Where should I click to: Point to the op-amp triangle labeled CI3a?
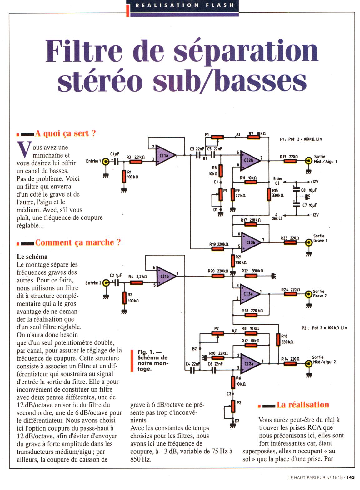point(248,294)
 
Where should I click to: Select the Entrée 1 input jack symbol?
point(106,162)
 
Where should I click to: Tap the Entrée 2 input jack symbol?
point(106,283)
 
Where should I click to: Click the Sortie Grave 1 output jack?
point(309,242)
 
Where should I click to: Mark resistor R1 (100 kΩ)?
point(124,177)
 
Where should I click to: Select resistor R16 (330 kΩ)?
point(278,339)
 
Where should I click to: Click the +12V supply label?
point(314,182)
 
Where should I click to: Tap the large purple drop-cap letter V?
point(24,151)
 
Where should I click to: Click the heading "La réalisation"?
point(302,405)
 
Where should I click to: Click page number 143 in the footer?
point(350,477)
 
